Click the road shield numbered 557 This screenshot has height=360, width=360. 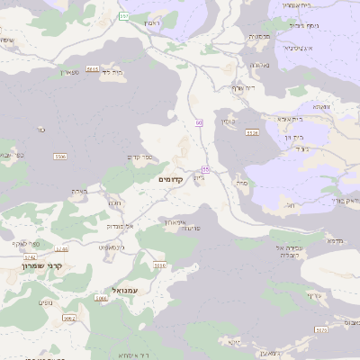pos(123,16)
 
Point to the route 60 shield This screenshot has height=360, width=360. pos(199,122)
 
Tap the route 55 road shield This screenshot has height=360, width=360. pos(205,169)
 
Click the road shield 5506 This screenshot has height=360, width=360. pos(60,157)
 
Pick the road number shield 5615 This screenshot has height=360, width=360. pos(93,67)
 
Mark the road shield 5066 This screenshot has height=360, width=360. pos(101,298)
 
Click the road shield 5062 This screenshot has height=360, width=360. pos(69,318)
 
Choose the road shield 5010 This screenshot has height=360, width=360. pos(160,265)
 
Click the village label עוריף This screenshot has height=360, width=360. pos(314,295)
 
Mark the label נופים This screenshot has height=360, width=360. pos(45,302)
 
